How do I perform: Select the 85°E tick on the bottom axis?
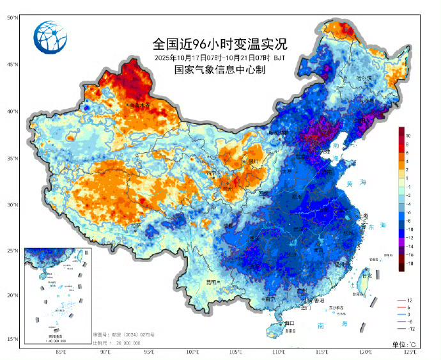point(62,352)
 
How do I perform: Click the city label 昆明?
point(212,281)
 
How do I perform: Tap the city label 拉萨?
point(135,225)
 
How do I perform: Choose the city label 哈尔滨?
point(364,78)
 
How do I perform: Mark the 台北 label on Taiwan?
point(366,276)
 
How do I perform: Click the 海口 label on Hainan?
point(289,323)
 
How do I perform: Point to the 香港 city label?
point(318,301)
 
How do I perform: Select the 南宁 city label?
point(269,299)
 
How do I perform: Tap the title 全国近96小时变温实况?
point(220,45)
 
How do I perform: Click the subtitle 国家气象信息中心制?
point(220,70)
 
